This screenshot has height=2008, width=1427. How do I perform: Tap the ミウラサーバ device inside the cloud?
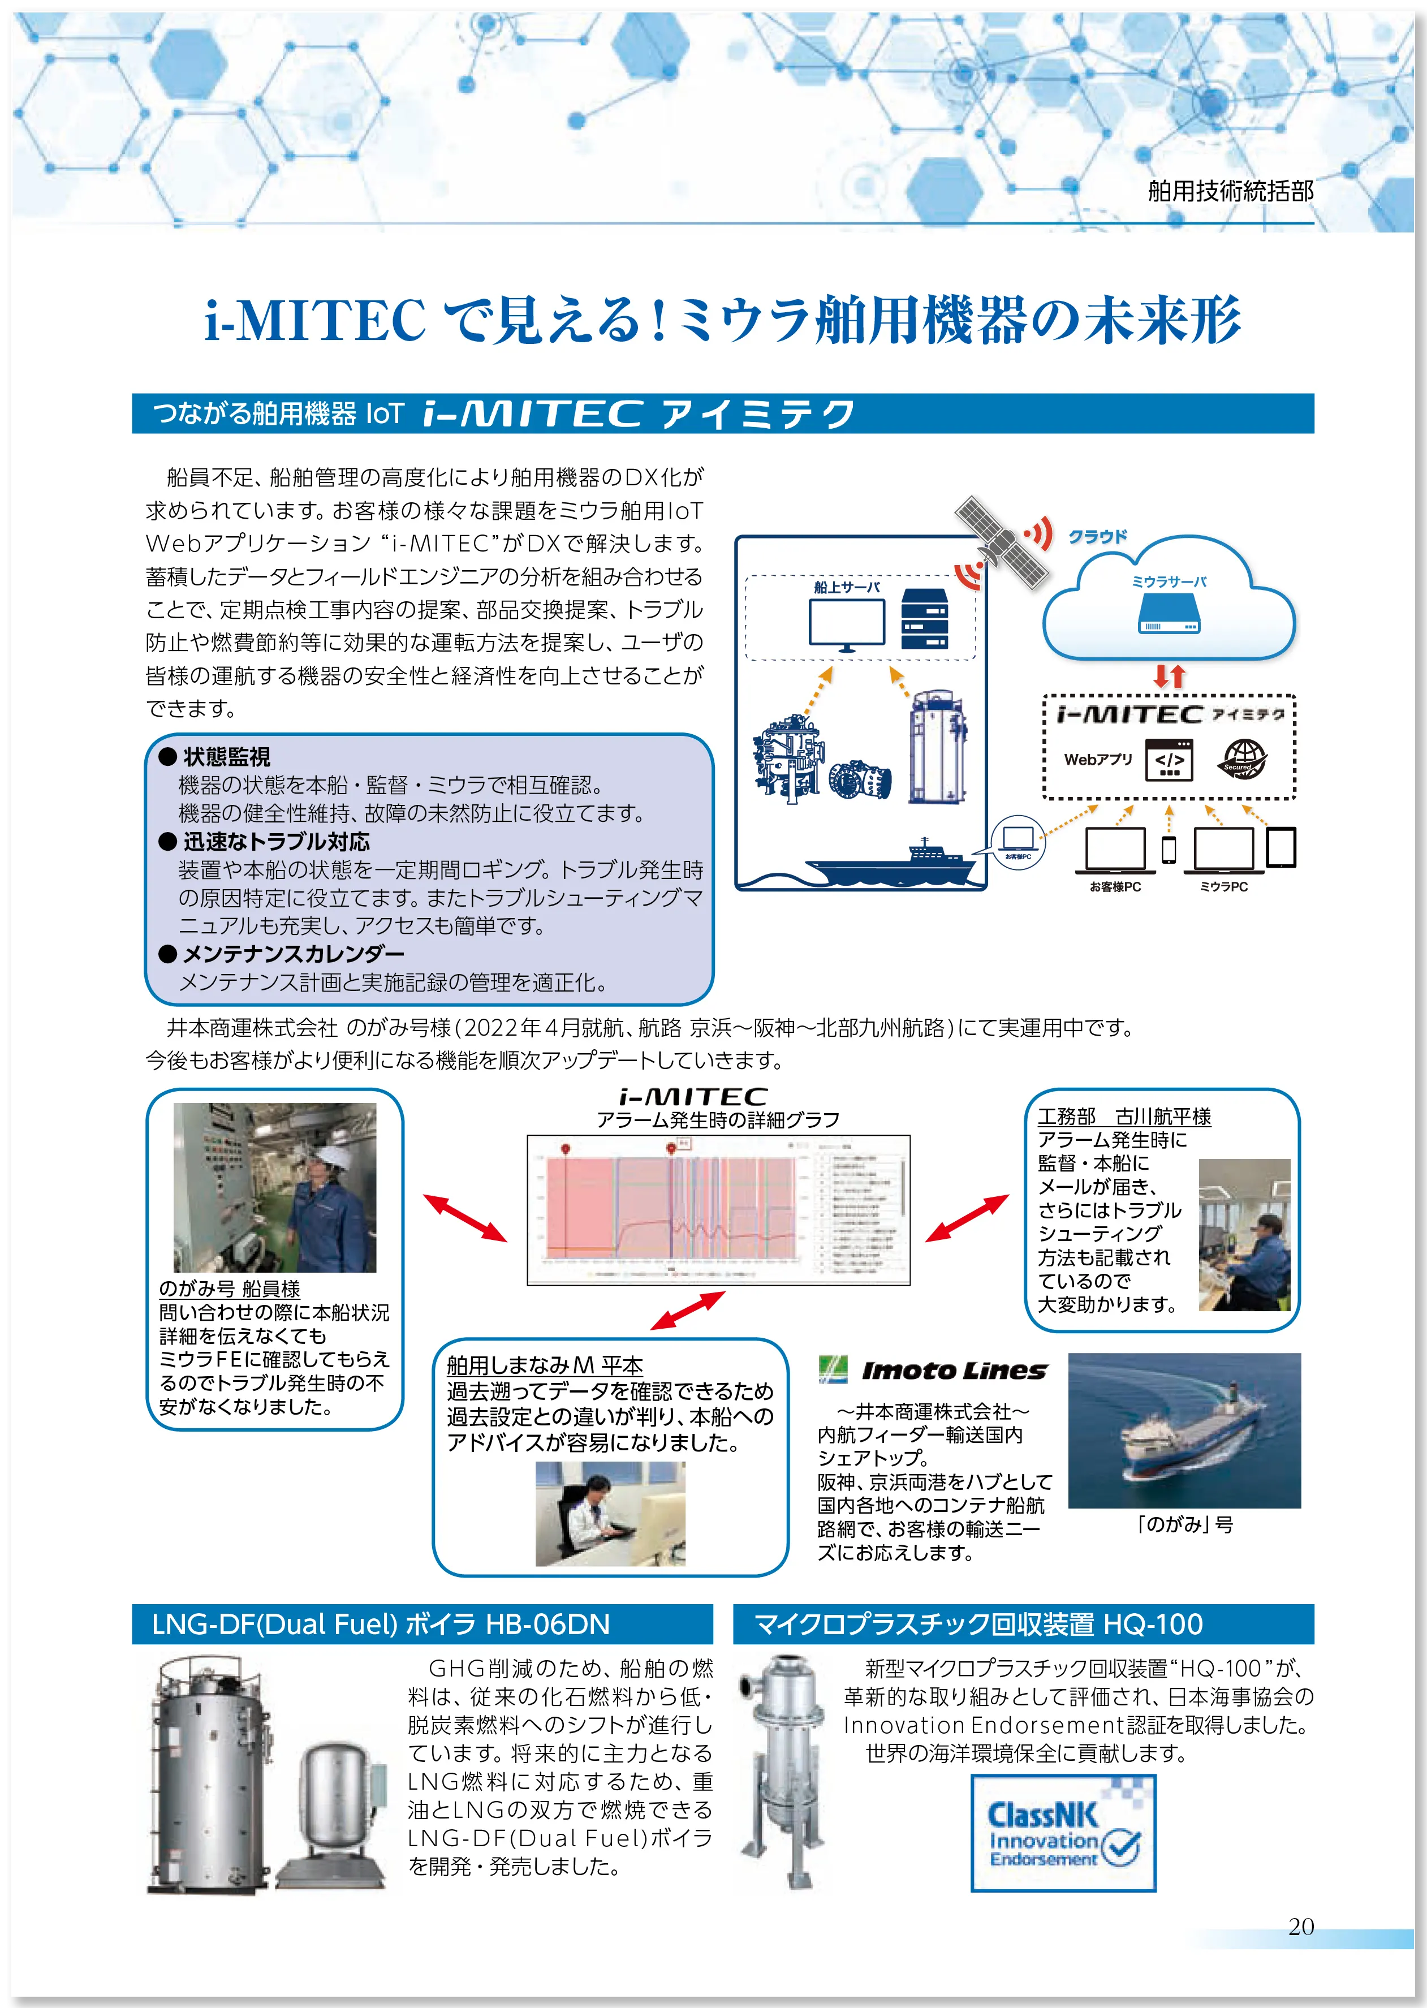pyautogui.click(x=1169, y=613)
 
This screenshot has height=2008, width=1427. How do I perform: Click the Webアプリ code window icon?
pyautogui.click(x=1169, y=760)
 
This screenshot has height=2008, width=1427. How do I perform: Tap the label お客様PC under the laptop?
pyautogui.click(x=1115, y=887)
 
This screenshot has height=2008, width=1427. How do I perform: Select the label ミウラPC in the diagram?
pyautogui.click(x=1223, y=887)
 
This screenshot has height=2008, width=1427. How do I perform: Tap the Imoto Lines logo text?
pyautogui.click(x=954, y=1370)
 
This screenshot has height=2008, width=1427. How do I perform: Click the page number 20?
pyautogui.click(x=1300, y=1927)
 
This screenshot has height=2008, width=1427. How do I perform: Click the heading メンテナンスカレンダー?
pyautogui.click(x=294, y=954)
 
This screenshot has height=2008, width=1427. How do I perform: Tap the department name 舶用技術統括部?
pyautogui.click(x=1230, y=191)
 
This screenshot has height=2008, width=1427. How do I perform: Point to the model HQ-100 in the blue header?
pyautogui.click(x=1153, y=1624)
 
